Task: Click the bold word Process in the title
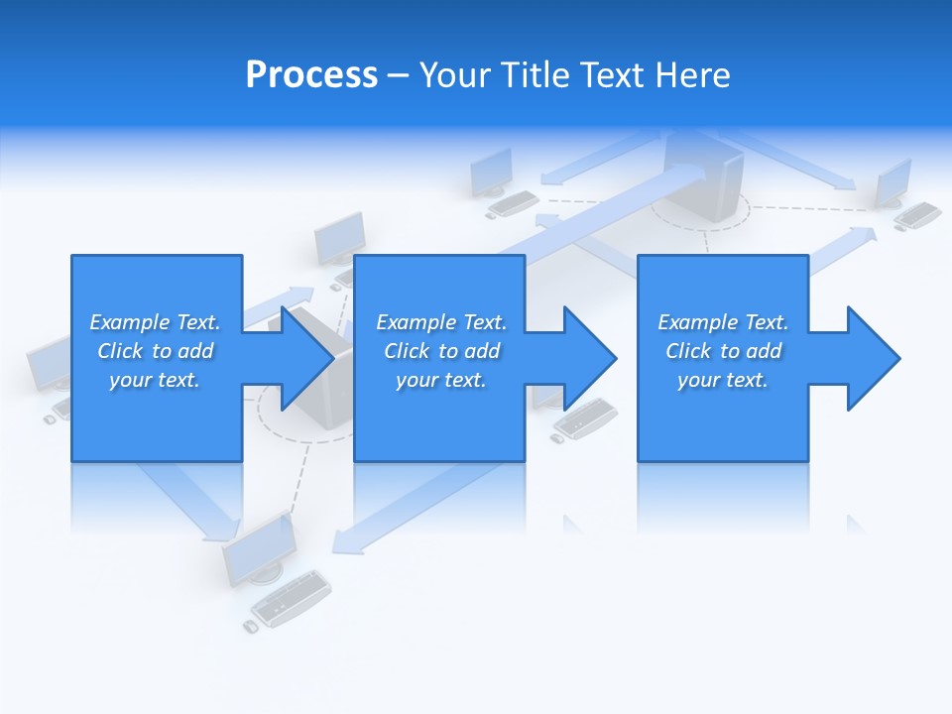[x=311, y=75]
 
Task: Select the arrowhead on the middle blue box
[x=588, y=358]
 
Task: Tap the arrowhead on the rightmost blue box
[x=872, y=358]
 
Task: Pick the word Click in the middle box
[x=407, y=351]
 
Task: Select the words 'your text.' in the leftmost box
[x=155, y=380]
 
